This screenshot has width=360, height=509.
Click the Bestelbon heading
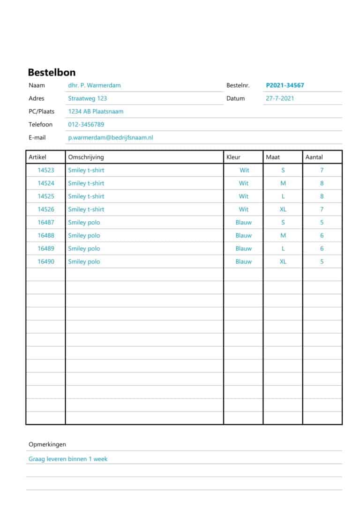click(x=52, y=72)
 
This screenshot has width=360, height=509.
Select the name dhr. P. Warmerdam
click(x=94, y=85)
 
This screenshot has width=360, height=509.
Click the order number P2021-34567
click(x=285, y=85)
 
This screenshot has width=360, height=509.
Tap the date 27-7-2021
click(x=280, y=98)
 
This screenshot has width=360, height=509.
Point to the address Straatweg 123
click(x=87, y=98)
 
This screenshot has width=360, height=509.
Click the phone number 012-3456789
click(x=86, y=125)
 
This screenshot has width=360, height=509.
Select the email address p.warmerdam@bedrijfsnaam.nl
click(x=111, y=138)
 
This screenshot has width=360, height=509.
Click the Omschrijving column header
click(x=86, y=157)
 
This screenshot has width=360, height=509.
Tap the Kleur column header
click(x=233, y=157)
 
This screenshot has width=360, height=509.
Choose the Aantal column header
click(x=314, y=157)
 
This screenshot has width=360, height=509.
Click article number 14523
click(x=46, y=170)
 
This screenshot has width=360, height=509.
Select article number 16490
click(x=46, y=262)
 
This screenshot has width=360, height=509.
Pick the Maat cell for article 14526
click(x=283, y=210)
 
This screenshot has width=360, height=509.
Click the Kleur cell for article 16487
click(x=243, y=223)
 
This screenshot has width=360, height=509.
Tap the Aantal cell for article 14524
click(x=322, y=183)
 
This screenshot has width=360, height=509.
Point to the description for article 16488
click(x=84, y=236)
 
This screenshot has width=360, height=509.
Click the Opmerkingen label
click(x=47, y=444)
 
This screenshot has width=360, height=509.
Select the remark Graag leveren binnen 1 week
click(x=68, y=459)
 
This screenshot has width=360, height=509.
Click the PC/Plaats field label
click(x=41, y=112)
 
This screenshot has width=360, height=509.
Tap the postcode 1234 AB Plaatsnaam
click(x=96, y=112)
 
